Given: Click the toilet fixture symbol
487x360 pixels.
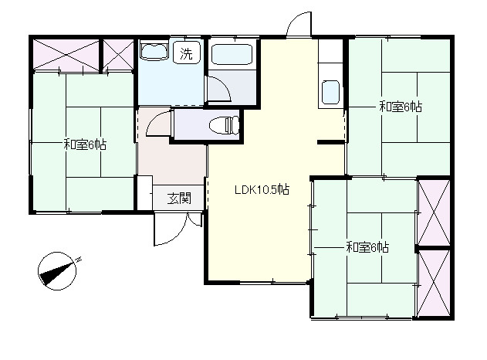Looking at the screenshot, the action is tap(224, 125).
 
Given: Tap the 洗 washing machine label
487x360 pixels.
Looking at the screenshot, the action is tap(186, 53).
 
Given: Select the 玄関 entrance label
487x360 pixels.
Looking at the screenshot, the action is tap(179, 198).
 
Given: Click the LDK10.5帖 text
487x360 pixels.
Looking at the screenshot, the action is tap(262, 189).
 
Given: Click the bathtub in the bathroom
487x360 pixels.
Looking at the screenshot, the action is tap(232, 54).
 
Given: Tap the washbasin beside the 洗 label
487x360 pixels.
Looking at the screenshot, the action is tap(154, 50).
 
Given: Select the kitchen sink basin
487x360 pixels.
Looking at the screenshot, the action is tap(330, 93).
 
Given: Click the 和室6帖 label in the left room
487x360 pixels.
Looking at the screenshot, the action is tap(85, 144).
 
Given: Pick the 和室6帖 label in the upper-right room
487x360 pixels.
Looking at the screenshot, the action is tap(401, 107).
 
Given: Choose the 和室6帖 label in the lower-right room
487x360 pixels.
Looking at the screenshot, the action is tap(367, 247).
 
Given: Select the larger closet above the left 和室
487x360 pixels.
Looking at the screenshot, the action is tap(66, 55).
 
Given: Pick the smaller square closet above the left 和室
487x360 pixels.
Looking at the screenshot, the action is tap(118, 55).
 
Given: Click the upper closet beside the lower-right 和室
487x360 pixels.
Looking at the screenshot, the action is tap(434, 212).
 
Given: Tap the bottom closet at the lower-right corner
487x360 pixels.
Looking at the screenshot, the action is tap(434, 283).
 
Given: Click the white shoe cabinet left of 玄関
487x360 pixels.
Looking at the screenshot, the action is tap(145, 192).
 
